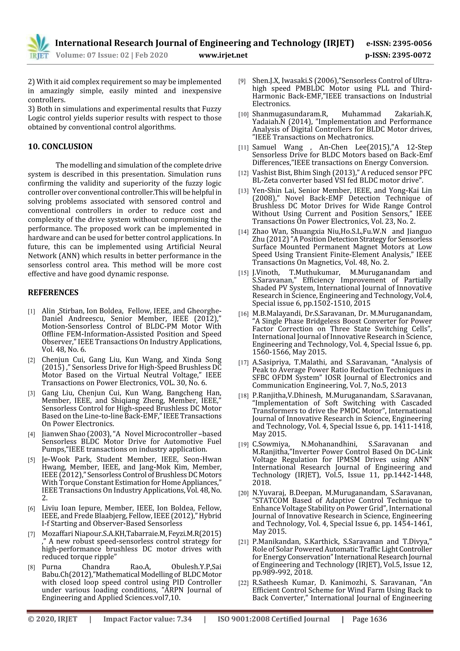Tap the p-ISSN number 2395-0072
(x=411, y=55)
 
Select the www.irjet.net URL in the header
(x=223, y=55)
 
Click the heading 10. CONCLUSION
(x=60, y=147)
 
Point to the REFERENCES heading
(x=53, y=293)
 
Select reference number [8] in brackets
(x=31, y=567)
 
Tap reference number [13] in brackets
(x=243, y=191)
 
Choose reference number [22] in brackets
(x=243, y=583)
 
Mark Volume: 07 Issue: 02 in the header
(x=92, y=55)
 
